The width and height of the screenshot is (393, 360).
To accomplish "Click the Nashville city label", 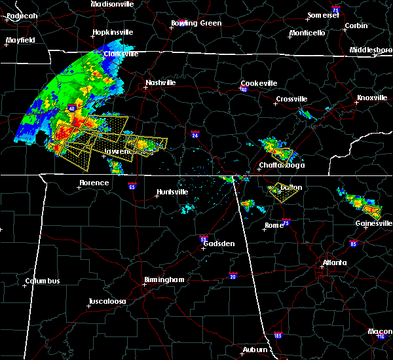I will pos(160,83).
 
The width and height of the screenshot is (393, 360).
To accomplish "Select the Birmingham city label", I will pos(164,279).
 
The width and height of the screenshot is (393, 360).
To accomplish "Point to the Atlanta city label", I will pos(335,264).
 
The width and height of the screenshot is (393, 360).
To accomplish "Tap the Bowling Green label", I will pos(196,24).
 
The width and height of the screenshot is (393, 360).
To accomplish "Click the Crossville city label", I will pos(291,99).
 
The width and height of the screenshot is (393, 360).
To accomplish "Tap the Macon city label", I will pos(380,332).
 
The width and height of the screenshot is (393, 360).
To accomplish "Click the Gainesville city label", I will pos(374,223).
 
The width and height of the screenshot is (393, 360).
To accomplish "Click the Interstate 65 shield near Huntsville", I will pos(132,186).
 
